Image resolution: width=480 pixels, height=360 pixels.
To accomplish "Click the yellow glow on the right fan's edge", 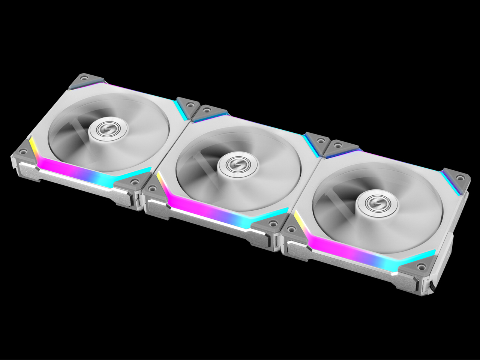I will pos(298,219).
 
